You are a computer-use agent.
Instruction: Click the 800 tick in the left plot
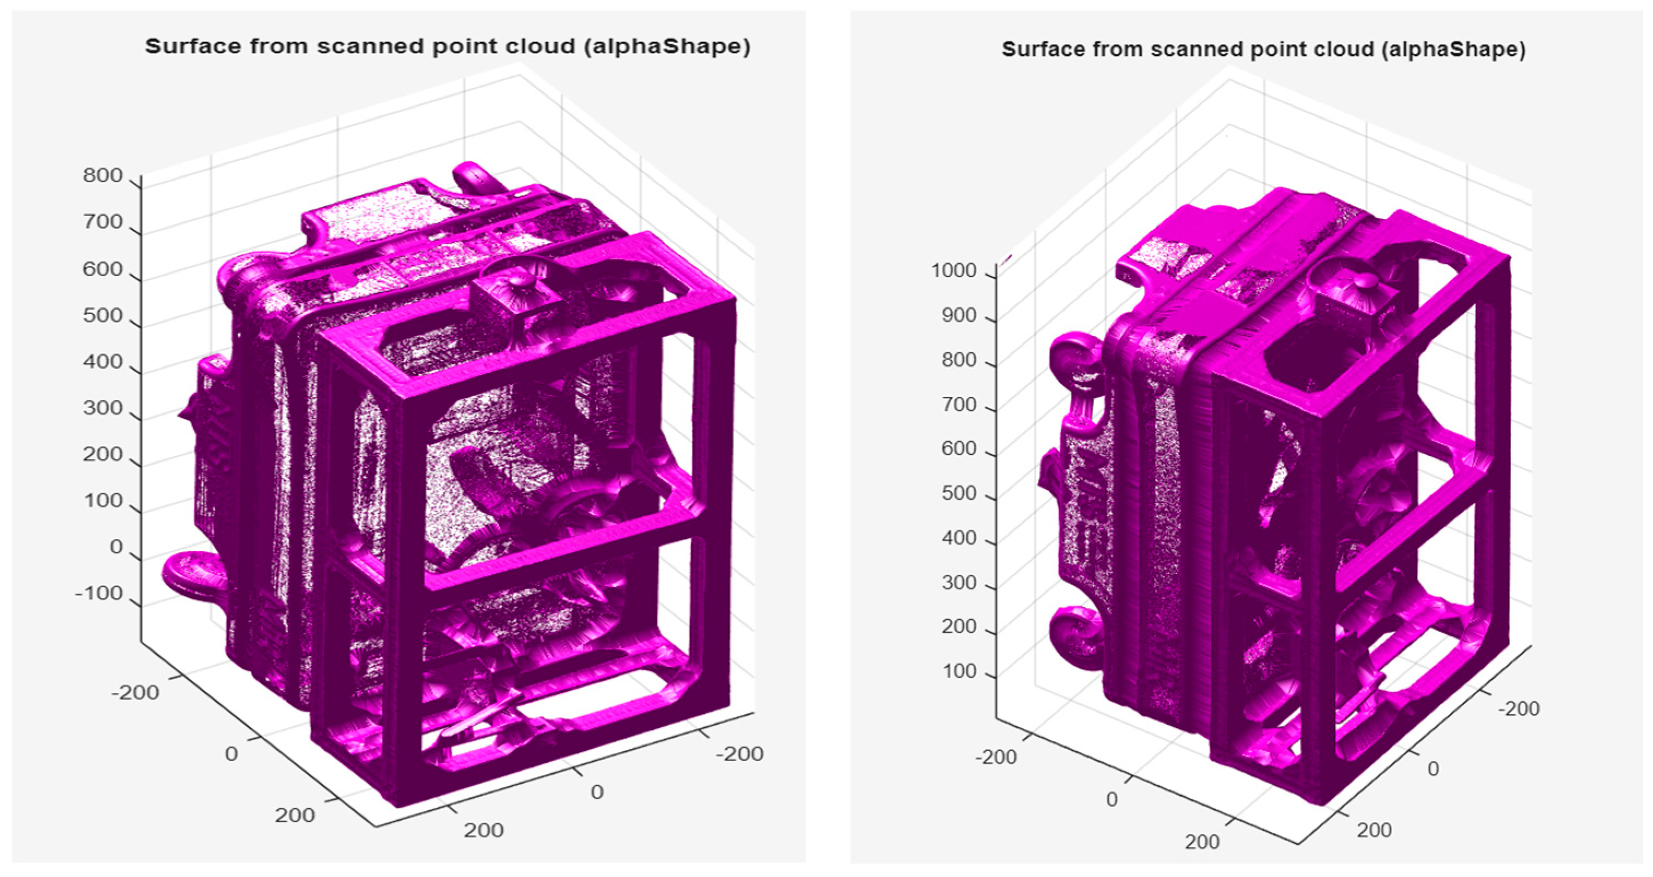(x=103, y=175)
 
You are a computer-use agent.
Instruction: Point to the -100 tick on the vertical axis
(x=99, y=593)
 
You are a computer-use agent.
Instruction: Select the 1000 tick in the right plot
(x=954, y=270)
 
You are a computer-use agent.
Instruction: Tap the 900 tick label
(x=959, y=315)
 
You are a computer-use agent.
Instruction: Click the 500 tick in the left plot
(x=103, y=315)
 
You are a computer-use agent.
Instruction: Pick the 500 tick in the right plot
(x=959, y=493)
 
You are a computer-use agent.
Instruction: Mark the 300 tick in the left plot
(x=103, y=408)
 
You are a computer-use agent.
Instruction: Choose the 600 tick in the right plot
(x=959, y=448)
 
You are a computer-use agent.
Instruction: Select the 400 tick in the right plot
(x=959, y=538)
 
